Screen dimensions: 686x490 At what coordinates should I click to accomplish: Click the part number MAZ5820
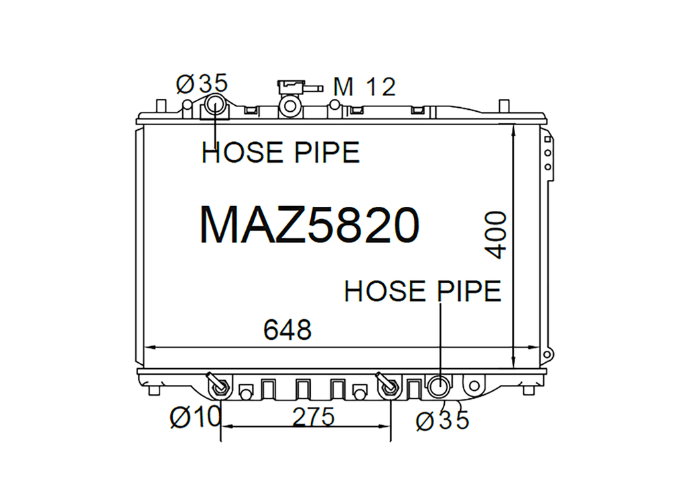(x=310, y=225)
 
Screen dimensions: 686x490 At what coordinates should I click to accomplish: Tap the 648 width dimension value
(x=287, y=330)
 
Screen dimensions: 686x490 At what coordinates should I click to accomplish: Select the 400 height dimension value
(x=496, y=235)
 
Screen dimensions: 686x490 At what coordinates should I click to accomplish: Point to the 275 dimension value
(x=314, y=416)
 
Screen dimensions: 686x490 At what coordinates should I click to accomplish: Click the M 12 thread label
(x=364, y=86)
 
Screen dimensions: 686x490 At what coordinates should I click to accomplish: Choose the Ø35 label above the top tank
(x=202, y=83)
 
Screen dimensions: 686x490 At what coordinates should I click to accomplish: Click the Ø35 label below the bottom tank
(x=442, y=420)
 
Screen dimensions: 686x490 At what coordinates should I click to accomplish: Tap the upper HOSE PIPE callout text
(x=281, y=153)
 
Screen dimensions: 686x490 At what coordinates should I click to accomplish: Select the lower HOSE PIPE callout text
(x=423, y=291)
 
